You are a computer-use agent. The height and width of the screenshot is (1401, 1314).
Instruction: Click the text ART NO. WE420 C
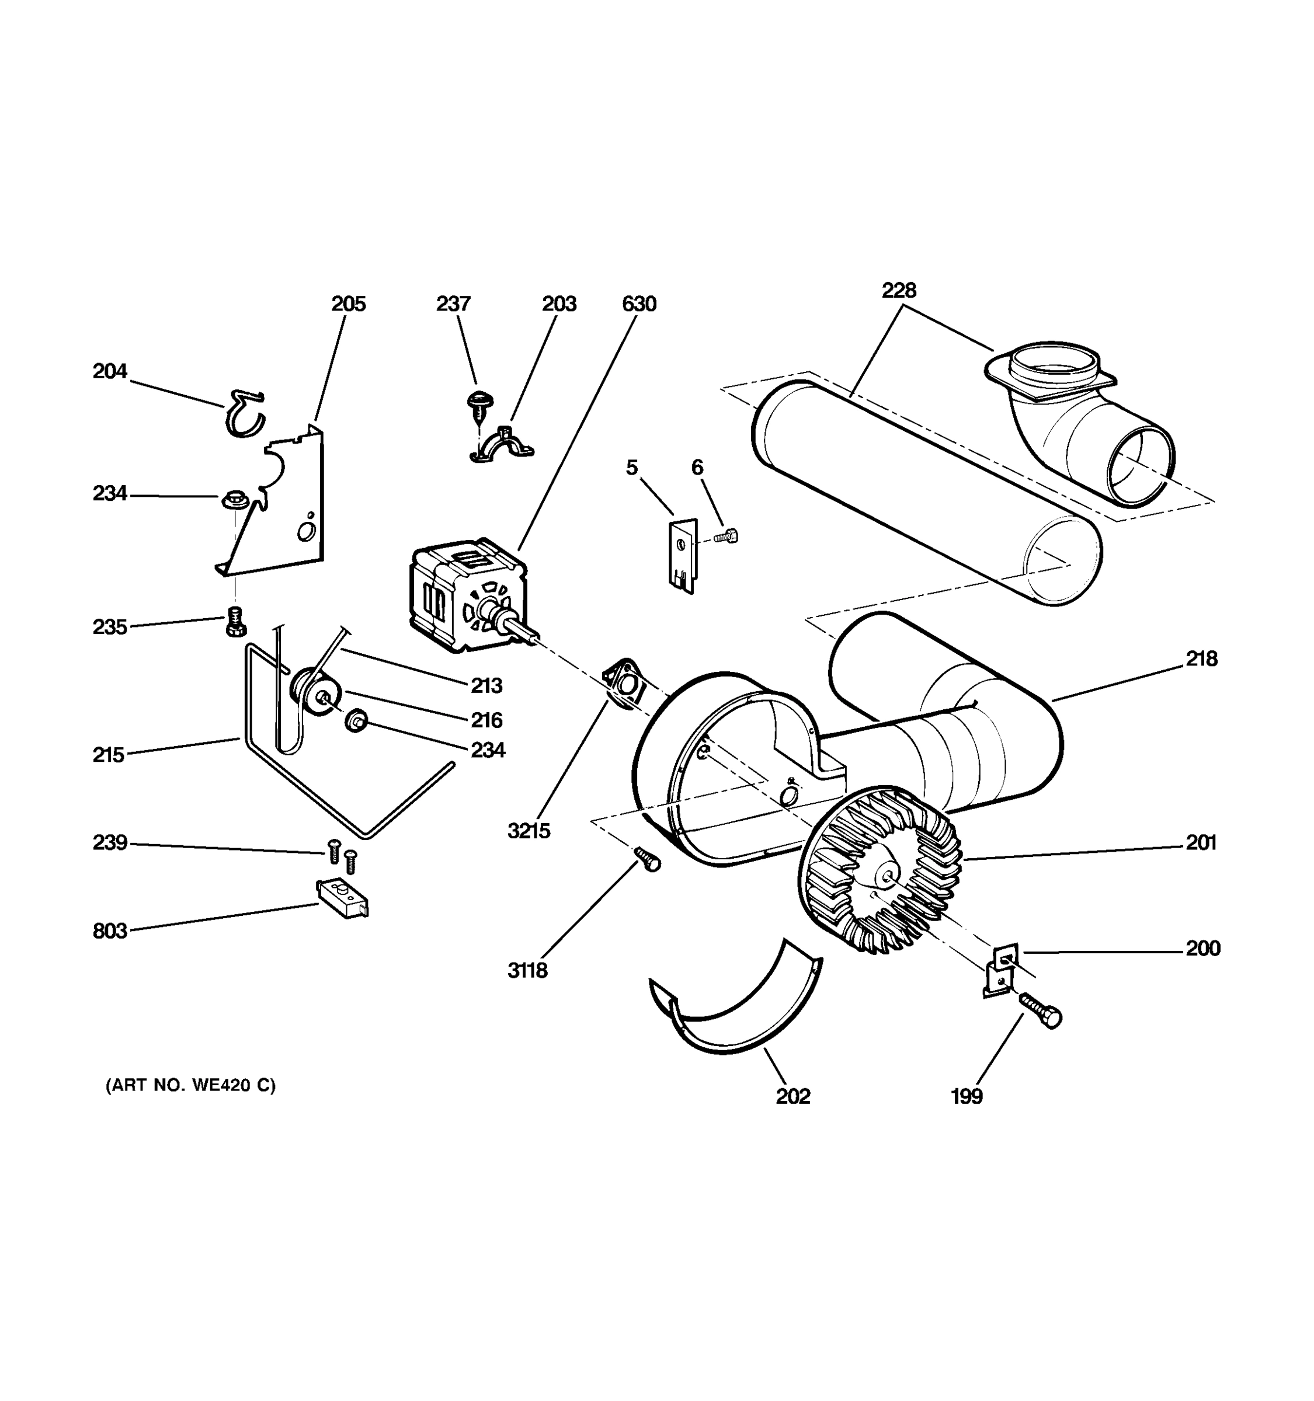(190, 1085)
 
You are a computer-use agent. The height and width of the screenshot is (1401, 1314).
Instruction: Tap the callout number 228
(899, 290)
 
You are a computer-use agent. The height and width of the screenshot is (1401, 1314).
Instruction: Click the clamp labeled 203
(502, 445)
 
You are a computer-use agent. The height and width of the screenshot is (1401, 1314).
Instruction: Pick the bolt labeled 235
(235, 621)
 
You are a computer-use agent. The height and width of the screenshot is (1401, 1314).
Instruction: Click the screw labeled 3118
(647, 858)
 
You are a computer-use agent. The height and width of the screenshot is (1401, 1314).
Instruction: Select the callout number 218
(1201, 659)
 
